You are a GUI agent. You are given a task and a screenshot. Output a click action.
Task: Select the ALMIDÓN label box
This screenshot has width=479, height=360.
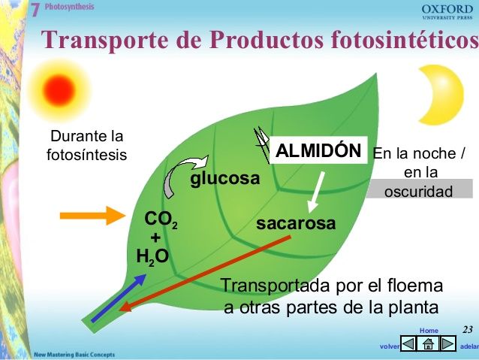click(x=318, y=150)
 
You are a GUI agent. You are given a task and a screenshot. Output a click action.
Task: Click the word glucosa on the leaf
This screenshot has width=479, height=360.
click(x=224, y=180)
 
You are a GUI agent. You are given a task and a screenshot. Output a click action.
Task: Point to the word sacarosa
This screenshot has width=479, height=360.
click(x=296, y=224)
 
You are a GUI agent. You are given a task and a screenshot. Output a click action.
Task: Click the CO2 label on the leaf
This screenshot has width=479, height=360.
click(x=161, y=219)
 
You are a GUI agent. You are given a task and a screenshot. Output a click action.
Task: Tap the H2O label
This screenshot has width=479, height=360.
click(x=152, y=257)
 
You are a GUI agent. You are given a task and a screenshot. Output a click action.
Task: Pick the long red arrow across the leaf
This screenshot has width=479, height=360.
click(x=206, y=272)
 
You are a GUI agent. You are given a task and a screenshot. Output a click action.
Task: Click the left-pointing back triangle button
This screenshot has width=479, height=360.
click(x=408, y=343)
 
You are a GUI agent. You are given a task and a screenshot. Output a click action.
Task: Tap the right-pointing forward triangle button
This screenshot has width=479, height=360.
click(x=447, y=343)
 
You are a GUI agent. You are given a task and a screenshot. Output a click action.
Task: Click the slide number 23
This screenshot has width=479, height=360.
click(x=467, y=329)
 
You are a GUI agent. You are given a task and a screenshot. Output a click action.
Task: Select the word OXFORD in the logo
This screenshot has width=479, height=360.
click(x=447, y=8)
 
